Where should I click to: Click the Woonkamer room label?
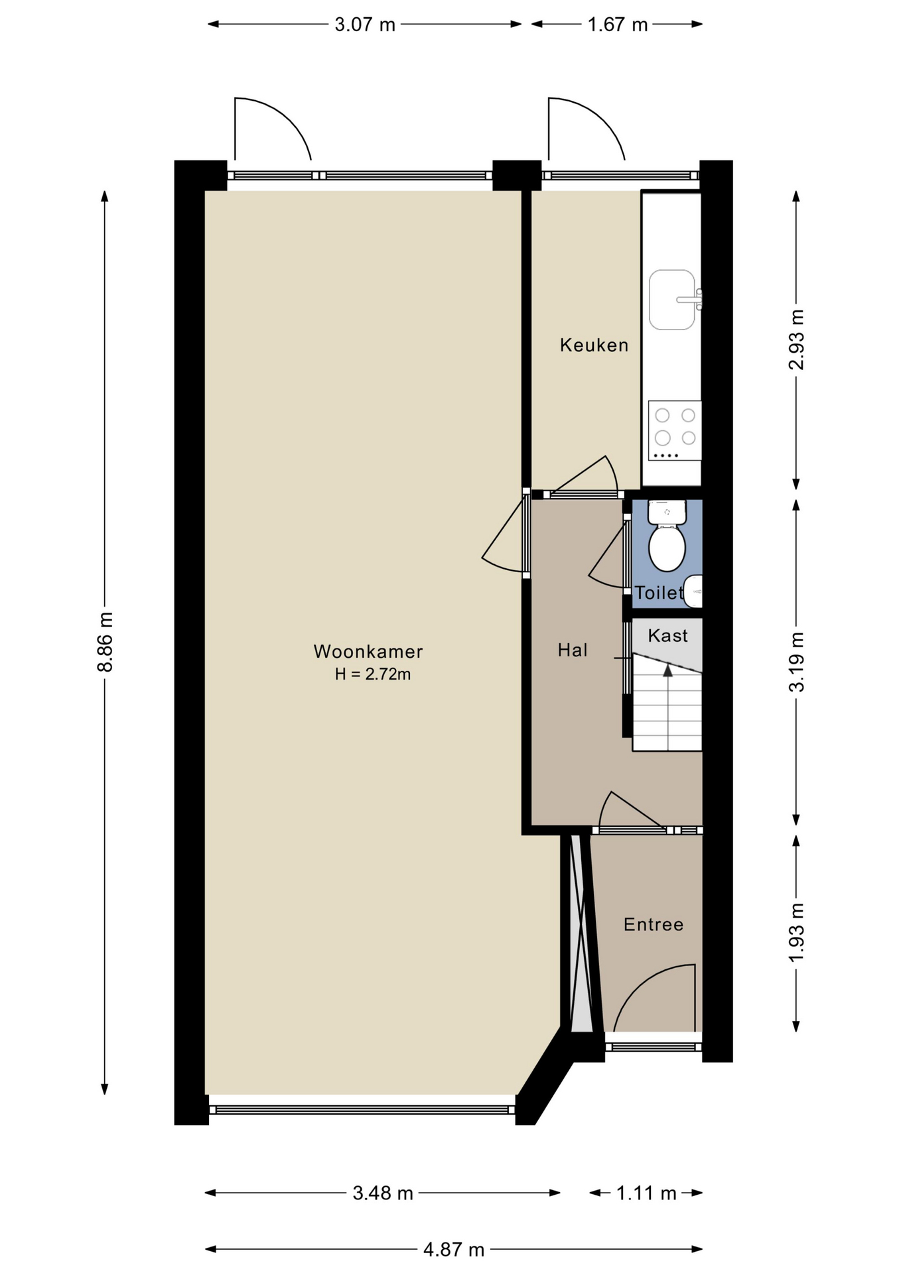368,651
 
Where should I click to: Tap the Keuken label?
594,345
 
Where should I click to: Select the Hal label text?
573,650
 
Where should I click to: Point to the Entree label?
654,924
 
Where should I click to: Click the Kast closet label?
667,635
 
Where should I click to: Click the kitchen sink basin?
672,300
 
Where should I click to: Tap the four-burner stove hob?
675,430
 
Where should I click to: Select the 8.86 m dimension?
105,642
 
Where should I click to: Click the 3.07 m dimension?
364,25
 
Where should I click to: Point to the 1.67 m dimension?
617,25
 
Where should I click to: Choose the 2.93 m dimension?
796,339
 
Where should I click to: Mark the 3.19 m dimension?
796,662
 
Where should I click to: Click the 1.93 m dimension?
796,932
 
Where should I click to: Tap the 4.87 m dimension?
454,1250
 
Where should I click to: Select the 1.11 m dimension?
646,1193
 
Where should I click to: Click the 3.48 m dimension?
383,1193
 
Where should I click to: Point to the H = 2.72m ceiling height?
372,674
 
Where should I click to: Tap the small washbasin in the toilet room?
693,591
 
